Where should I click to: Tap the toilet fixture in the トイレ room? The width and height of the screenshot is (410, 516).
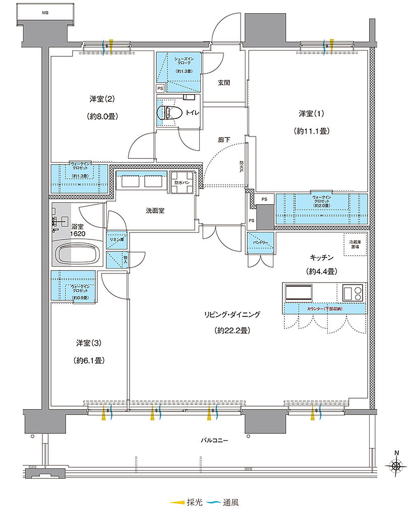tap(165, 111)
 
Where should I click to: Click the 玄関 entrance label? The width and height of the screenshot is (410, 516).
tap(224, 83)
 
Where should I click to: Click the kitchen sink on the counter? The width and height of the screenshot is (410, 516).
tap(300, 292)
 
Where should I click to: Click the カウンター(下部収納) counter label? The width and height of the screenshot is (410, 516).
tap(324, 308)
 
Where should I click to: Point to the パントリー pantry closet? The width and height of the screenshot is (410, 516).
tap(260, 244)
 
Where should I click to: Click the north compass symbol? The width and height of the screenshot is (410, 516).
tap(397, 466)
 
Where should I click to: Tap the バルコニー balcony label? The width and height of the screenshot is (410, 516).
tap(214, 440)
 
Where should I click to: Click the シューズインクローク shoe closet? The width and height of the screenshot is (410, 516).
tap(177, 66)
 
